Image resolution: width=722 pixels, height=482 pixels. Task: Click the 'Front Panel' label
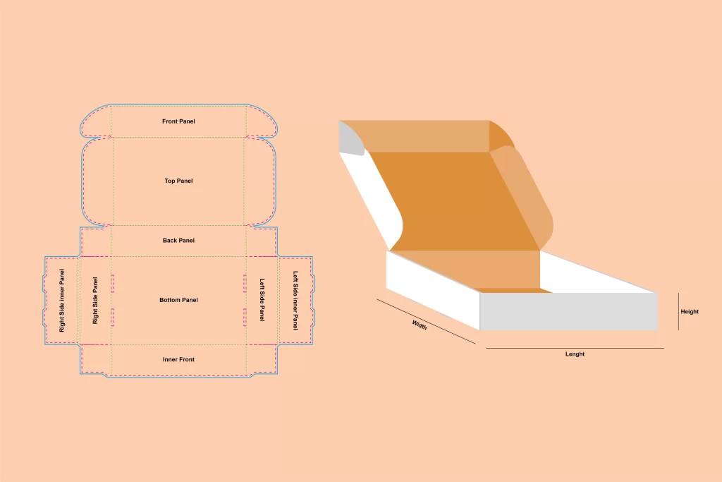(178, 121)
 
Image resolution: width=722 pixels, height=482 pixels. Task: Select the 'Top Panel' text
(178, 181)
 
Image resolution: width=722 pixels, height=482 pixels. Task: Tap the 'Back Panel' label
(178, 240)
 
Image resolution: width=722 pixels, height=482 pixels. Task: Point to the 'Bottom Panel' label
(178, 299)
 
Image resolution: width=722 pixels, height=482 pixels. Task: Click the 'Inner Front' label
(178, 359)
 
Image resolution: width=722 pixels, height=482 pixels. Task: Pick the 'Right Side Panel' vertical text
(95, 301)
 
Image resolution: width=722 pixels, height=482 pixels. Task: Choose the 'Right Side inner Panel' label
(62, 301)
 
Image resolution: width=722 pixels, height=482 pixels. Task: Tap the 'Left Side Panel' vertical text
(262, 299)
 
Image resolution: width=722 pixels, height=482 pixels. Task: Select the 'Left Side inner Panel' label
(295, 301)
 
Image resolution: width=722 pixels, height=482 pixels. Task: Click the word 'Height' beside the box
(690, 311)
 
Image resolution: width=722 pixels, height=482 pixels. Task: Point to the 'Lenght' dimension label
(575, 354)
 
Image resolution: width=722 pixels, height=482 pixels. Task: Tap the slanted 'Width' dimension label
(420, 325)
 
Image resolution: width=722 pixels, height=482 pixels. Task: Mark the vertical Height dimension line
(678, 311)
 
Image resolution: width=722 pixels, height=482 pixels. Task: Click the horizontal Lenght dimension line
(575, 349)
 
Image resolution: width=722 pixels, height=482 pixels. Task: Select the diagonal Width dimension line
(426, 321)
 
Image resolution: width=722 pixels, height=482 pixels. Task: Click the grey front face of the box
(569, 311)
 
